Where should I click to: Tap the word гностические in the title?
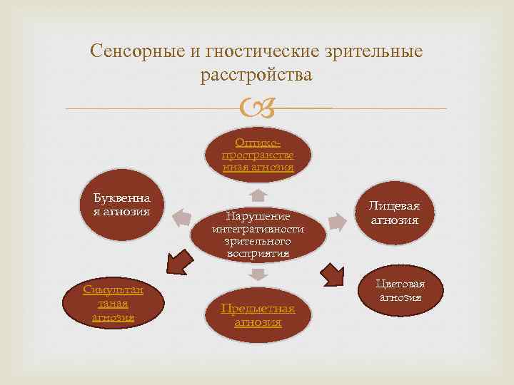point(248,51)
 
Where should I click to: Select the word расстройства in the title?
point(257,74)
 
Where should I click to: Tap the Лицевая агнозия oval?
point(394,213)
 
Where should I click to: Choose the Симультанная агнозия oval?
point(114,303)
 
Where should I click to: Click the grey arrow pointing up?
point(258,195)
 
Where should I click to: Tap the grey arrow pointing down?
point(258,274)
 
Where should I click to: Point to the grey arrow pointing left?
point(182,217)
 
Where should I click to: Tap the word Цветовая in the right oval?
point(400,284)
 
